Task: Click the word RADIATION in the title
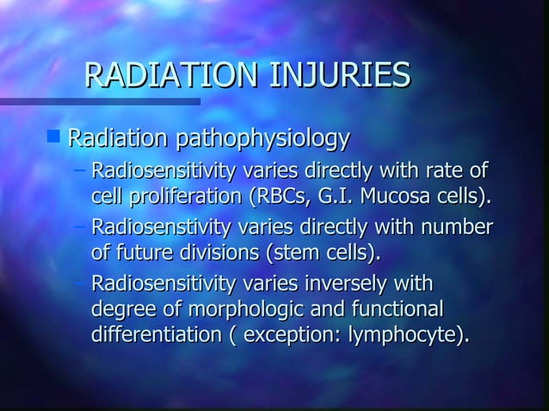[159, 76]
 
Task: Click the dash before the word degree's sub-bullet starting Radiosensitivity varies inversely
[80, 283]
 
